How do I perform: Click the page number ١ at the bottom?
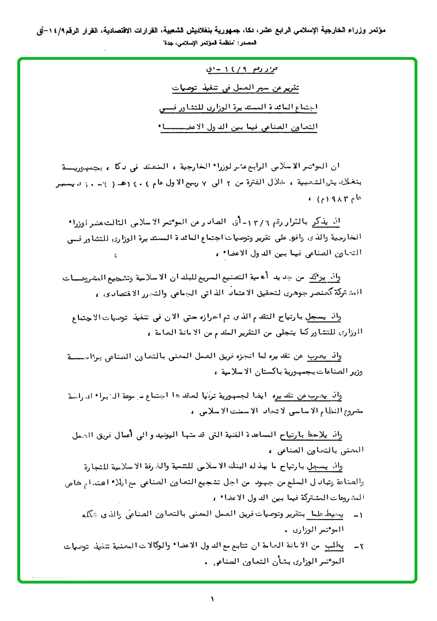213,600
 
